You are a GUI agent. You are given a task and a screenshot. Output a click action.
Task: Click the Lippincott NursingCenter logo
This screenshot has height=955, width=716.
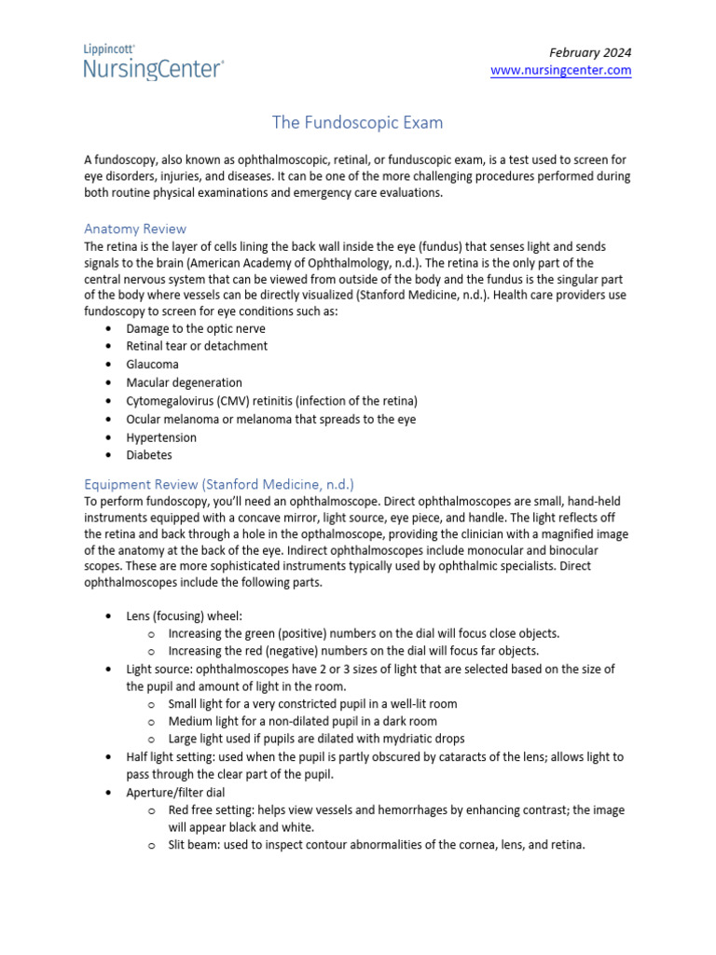(154, 62)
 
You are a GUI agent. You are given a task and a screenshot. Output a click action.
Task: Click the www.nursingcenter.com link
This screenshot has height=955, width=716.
(560, 71)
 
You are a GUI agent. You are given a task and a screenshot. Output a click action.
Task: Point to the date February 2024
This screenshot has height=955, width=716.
(590, 52)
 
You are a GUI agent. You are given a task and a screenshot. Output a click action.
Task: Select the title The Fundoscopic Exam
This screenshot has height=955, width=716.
(357, 122)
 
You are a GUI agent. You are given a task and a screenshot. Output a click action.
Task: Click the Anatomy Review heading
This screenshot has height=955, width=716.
(135, 228)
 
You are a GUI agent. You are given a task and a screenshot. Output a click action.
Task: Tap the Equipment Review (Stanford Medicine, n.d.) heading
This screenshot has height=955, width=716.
(219, 484)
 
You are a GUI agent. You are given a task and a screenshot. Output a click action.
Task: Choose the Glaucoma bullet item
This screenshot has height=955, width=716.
(152, 365)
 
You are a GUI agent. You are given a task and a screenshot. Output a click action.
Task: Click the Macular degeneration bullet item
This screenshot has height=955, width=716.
(184, 382)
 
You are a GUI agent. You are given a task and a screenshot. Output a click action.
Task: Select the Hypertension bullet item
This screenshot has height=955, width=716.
(161, 437)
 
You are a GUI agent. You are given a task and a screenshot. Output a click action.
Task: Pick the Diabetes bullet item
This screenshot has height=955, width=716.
(149, 456)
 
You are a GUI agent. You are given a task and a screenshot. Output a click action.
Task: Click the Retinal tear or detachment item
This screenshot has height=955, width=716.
(197, 346)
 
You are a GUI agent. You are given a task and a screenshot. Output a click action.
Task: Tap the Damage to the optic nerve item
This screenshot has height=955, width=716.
(196, 328)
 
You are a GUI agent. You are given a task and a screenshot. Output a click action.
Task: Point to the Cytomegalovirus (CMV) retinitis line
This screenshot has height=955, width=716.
(271, 401)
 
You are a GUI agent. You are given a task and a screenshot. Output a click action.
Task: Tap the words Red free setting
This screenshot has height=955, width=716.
(213, 810)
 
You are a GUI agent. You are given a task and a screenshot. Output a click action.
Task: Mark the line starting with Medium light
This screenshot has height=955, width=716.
(302, 721)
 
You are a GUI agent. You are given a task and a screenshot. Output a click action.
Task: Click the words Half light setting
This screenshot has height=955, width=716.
(171, 756)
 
